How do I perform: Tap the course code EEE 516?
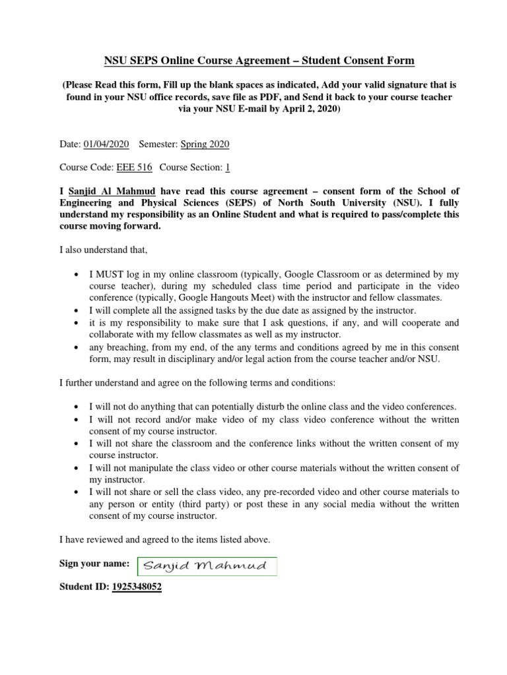pyautogui.click(x=134, y=167)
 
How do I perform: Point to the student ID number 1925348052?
pyautogui.click(x=137, y=586)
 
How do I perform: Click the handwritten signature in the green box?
pyautogui.click(x=207, y=566)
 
